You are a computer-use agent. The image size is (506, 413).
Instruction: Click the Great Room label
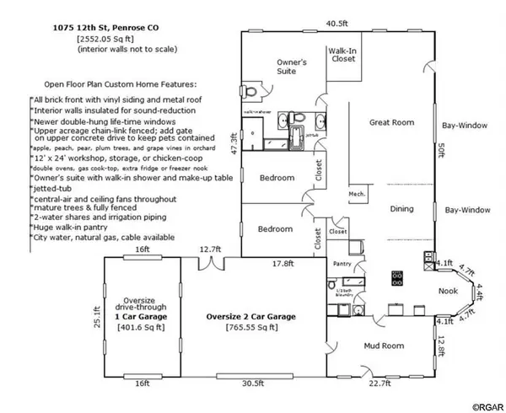coord(392,123)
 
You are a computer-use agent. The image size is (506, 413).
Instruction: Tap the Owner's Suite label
coord(292,67)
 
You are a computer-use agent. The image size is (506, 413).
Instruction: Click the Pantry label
coord(341,263)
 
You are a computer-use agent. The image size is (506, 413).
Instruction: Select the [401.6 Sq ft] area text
coord(142,325)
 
